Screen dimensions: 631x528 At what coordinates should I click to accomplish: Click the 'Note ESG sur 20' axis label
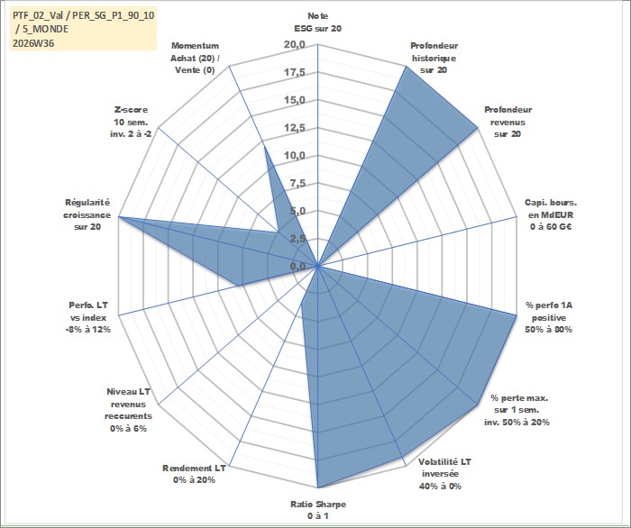click(318, 23)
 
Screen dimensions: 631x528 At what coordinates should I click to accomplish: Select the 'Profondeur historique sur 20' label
click(434, 58)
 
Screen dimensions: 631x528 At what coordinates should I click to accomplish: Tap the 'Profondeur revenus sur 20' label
click(508, 122)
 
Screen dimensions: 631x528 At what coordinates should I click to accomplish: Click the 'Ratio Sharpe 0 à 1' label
click(318, 510)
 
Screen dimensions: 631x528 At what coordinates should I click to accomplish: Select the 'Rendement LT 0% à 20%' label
click(194, 474)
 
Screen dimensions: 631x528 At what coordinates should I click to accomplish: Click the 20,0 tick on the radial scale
click(295, 45)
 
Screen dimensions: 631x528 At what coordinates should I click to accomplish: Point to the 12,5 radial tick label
click(295, 128)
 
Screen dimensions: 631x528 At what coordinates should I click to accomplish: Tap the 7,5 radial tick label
click(297, 184)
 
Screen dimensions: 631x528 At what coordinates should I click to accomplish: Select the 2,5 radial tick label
click(297, 239)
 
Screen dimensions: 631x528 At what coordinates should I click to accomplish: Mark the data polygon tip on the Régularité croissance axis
click(119, 217)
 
